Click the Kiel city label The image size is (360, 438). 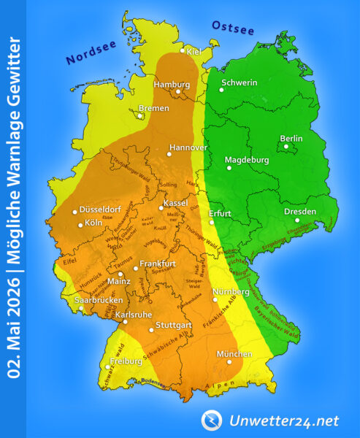[194, 51]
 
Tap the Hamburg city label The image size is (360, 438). [172, 85]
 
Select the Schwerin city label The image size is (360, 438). [239, 82]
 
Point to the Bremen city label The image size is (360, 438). [154, 108]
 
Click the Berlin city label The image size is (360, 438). [291, 139]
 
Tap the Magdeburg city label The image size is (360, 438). [247, 159]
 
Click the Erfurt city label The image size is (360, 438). [220, 214]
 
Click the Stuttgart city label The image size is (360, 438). [173, 324]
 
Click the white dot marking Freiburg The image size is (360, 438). [107, 367]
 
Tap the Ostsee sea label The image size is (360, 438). [232, 27]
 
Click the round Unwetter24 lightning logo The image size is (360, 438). [212, 420]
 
